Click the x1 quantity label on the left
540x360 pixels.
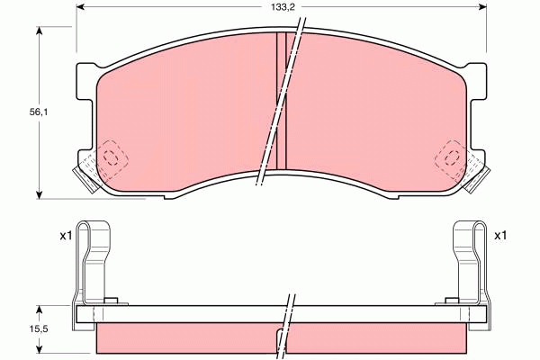(x=65, y=236)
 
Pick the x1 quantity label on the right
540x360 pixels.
(x=500, y=236)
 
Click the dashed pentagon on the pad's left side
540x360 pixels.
(x=112, y=158)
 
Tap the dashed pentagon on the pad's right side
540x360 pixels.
(x=451, y=158)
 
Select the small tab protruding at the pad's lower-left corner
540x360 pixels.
(x=83, y=177)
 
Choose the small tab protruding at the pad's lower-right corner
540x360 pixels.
(x=480, y=177)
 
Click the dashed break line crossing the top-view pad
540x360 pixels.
(x=277, y=108)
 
